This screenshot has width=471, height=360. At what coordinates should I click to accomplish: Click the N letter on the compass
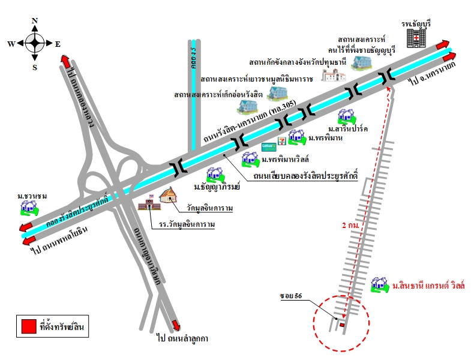tap(35, 20)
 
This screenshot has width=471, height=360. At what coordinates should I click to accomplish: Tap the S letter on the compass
tap(35, 67)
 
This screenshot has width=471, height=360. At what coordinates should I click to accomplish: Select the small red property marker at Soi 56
tap(342, 325)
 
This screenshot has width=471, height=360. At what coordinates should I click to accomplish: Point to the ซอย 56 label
tap(290, 296)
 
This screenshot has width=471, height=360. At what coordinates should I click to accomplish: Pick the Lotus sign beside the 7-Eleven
tap(268, 145)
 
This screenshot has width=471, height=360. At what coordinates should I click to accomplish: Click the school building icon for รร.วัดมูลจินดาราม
tap(147, 205)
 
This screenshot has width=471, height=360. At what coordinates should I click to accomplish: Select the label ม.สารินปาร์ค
tap(348, 128)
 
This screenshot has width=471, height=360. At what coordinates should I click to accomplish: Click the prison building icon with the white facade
tap(332, 74)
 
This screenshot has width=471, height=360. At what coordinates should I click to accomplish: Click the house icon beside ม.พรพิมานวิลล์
tap(250, 159)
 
